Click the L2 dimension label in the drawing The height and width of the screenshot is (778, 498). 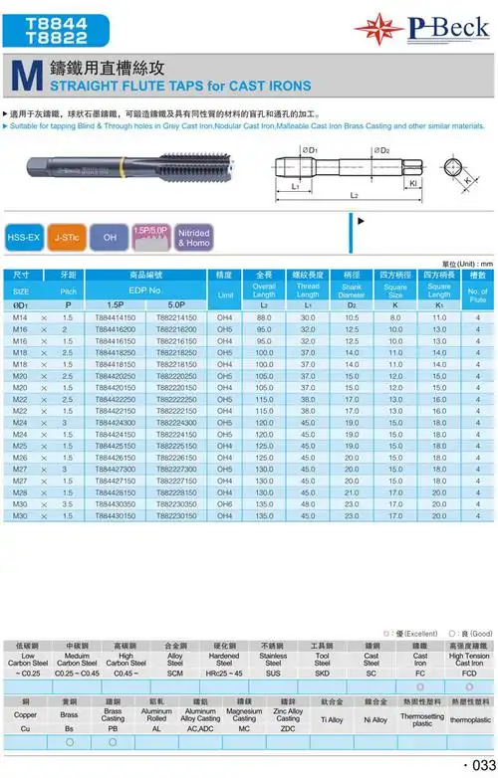click(355, 197)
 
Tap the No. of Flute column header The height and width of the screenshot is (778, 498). click(477, 290)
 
